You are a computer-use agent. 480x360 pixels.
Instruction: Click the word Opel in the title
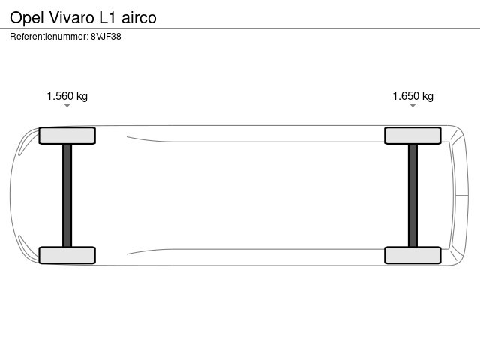(27, 18)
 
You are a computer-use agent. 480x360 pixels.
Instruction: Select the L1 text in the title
(107, 17)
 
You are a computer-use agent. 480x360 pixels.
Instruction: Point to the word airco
(139, 17)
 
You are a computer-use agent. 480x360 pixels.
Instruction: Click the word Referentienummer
(49, 37)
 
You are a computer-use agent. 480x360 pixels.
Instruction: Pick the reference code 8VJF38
(106, 37)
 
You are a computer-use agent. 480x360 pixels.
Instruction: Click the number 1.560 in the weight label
(60, 96)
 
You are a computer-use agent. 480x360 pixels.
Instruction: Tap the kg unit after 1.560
(82, 97)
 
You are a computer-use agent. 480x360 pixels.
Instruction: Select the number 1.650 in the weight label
(406, 96)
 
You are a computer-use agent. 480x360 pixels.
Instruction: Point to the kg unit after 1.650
(428, 97)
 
